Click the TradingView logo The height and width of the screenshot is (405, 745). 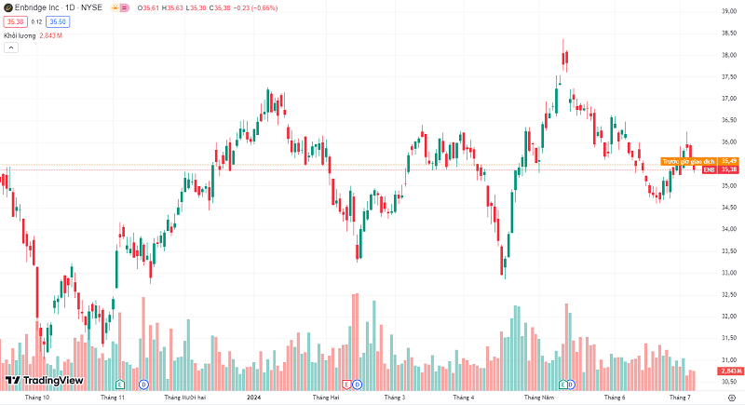45,380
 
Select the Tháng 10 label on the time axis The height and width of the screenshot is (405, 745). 37,398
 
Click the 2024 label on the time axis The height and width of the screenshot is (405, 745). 252,398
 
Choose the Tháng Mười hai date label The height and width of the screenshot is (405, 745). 184,398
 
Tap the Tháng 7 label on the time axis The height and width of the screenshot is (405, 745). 680,398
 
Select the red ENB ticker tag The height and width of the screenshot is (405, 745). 709,169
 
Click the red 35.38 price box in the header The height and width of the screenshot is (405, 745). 15,20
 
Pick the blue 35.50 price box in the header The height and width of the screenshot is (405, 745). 58,20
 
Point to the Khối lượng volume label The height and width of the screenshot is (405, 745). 20,35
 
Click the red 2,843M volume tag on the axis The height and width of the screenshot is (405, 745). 729,371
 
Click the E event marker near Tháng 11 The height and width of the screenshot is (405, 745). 119,384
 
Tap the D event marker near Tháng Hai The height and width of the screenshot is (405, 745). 359,384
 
